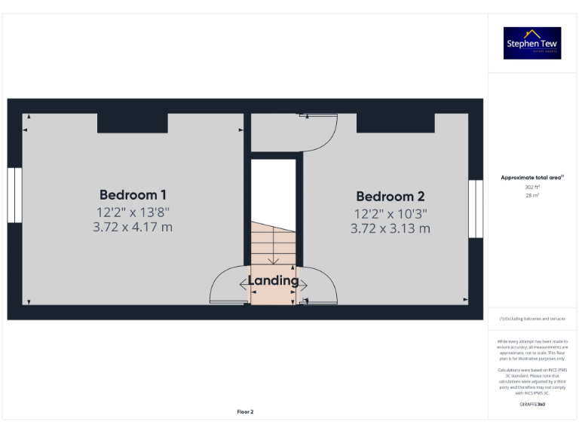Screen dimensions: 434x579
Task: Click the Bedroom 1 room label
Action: click(133, 194)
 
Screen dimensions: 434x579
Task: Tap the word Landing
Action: click(274, 281)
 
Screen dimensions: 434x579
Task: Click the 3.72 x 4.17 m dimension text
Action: click(133, 227)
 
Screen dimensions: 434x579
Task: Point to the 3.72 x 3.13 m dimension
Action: click(390, 228)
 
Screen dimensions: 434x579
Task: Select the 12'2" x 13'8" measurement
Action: click(133, 212)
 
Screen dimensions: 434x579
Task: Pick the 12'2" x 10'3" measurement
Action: click(390, 213)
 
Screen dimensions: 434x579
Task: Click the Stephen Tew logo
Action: click(532, 43)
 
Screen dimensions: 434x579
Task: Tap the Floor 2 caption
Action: click(246, 411)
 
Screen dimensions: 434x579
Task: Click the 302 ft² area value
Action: click(532, 186)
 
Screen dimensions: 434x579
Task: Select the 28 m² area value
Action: click(532, 195)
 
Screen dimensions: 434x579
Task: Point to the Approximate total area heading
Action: click(532, 178)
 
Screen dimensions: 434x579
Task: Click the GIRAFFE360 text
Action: click(532, 405)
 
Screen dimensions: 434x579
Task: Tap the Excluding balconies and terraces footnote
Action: click(532, 319)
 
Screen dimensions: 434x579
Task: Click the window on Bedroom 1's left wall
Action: click(14, 194)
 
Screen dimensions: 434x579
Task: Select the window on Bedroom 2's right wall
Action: click(476, 209)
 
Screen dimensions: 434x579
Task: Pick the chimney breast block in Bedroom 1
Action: click(133, 122)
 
